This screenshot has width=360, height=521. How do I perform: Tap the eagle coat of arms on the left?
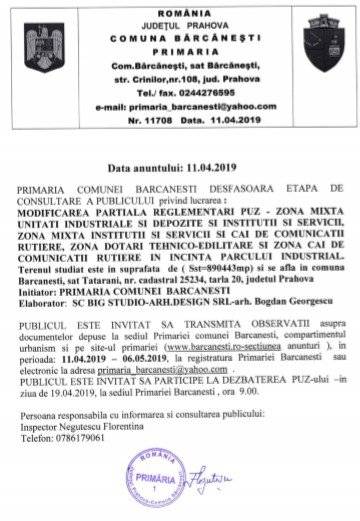[46, 46]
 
